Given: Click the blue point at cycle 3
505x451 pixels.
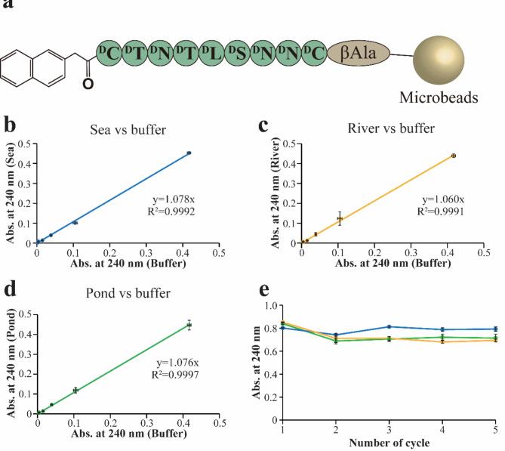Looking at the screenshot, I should click(x=388, y=326).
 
